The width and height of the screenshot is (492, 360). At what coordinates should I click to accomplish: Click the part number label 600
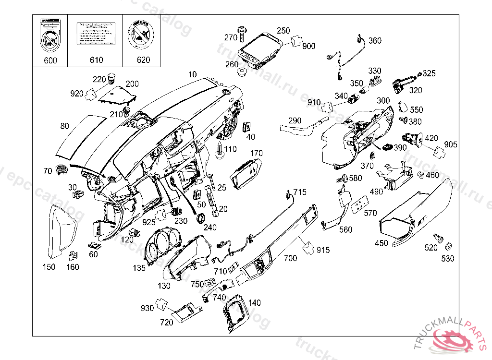coord(50,60)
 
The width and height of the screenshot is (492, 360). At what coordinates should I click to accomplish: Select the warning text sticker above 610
coord(96,34)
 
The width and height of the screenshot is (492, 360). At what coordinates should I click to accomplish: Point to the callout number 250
coord(283,30)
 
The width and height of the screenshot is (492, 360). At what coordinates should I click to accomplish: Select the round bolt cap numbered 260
coord(242,72)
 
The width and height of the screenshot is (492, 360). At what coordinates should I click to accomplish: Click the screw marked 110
coord(220,149)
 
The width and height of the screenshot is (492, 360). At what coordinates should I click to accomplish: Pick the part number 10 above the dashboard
coord(192,74)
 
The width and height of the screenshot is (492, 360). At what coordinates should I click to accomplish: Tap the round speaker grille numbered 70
coord(61,169)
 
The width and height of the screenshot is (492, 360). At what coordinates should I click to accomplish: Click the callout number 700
coord(290,258)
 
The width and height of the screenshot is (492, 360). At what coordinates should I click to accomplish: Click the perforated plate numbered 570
coord(360,206)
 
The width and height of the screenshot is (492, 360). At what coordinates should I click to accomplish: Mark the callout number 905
coord(451,144)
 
